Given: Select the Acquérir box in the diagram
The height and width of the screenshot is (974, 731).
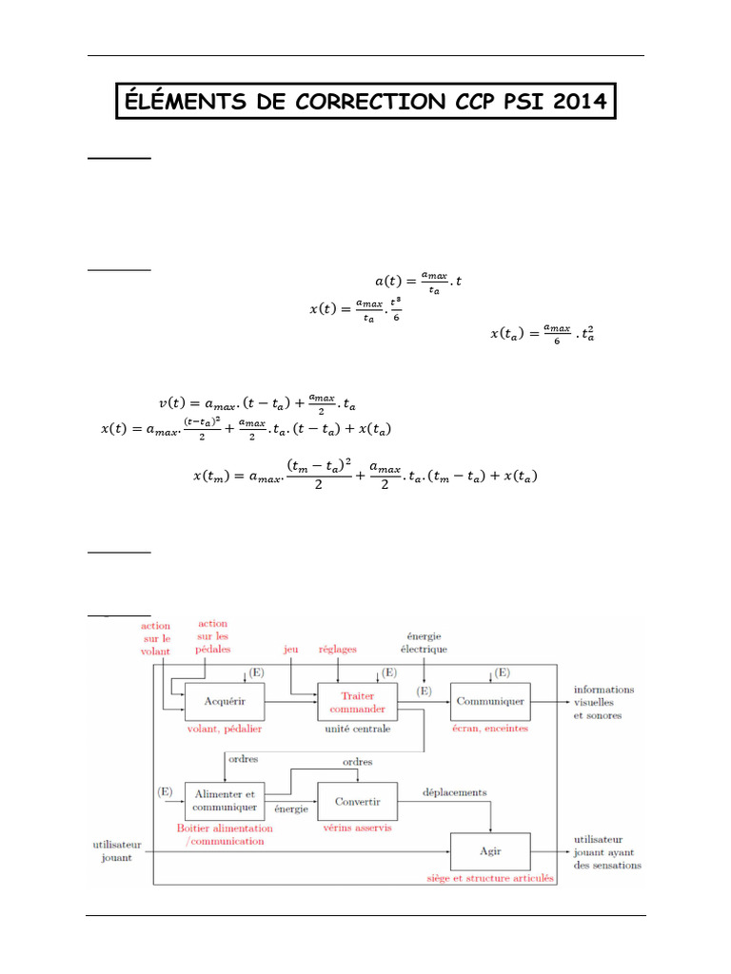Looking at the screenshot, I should [x=225, y=702].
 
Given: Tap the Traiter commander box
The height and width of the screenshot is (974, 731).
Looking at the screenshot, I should [x=357, y=702].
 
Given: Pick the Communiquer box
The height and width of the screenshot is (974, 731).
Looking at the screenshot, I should [x=490, y=702].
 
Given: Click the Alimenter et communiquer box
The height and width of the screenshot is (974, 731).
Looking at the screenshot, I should [x=225, y=801].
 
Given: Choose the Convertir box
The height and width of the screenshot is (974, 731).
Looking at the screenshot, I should [x=357, y=801].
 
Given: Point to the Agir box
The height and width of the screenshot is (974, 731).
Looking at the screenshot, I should [x=490, y=850].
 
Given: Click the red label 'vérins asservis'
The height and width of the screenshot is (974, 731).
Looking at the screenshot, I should [x=358, y=828].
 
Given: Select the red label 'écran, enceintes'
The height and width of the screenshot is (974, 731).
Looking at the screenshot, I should [x=490, y=729].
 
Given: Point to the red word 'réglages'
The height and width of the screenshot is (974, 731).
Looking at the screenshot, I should [x=338, y=650].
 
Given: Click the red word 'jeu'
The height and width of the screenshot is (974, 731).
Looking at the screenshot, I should [x=291, y=650].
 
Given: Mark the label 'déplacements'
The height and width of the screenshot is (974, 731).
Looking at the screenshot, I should [x=455, y=791].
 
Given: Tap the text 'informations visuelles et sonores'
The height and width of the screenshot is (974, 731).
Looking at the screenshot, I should [x=603, y=702].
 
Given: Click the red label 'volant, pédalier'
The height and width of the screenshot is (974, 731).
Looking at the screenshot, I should [x=226, y=729].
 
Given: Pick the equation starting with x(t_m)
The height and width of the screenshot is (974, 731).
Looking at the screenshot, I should [x=365, y=473].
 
